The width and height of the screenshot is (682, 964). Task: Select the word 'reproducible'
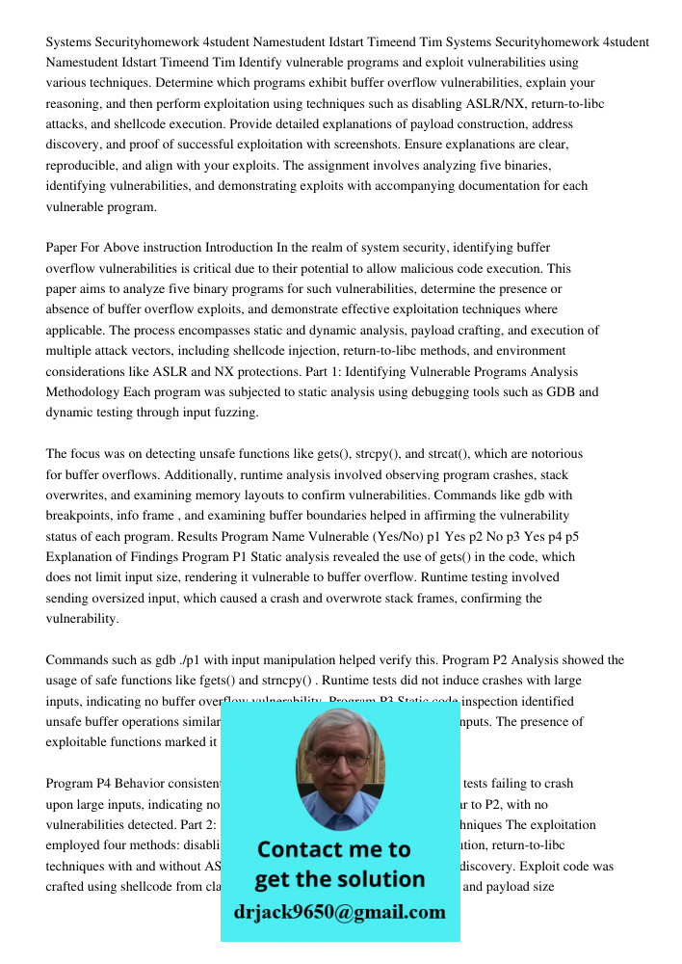click(84, 165)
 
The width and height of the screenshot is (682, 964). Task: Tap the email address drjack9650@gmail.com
click(340, 912)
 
